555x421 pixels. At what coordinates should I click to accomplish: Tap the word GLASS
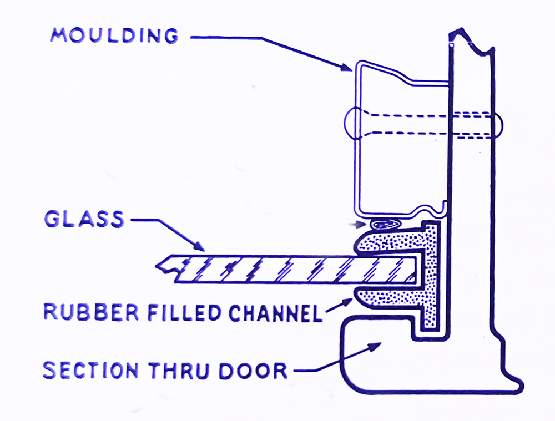click(84, 219)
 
